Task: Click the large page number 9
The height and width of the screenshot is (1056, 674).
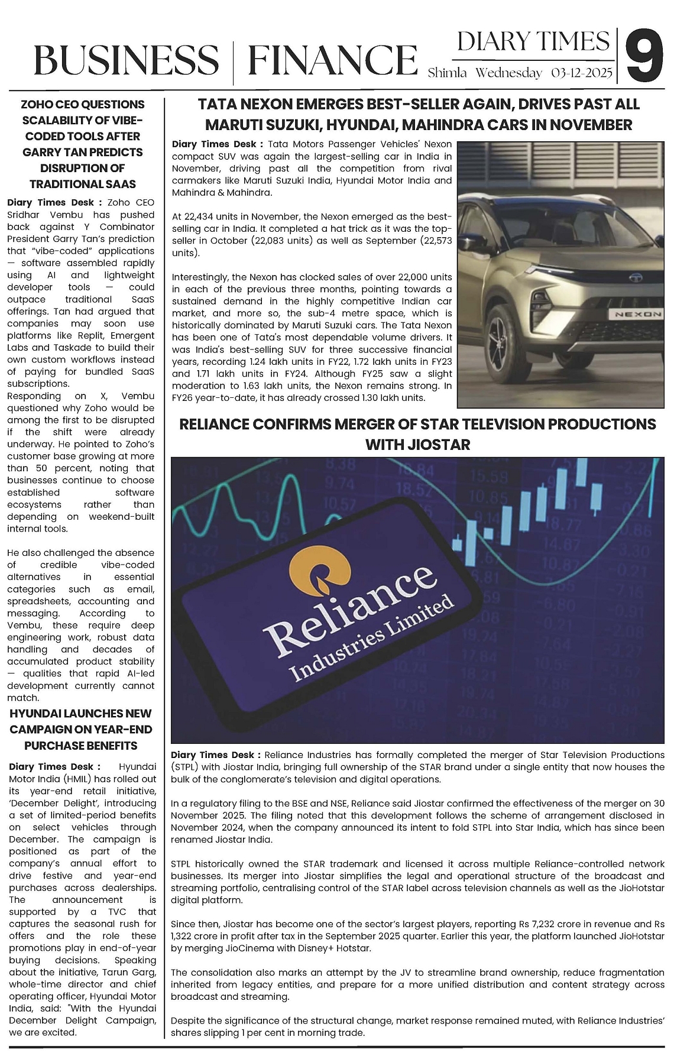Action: pos(645,57)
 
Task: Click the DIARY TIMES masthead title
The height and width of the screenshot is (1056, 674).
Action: pos(533,41)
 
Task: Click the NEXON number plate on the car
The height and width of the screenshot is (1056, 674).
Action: pos(638,314)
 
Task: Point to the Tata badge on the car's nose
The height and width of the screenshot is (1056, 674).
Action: pos(636,276)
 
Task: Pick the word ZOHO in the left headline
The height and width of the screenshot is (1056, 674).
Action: pos(36,104)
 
